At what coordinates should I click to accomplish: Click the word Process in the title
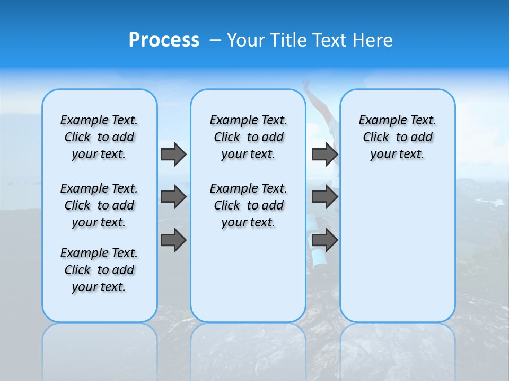(164, 40)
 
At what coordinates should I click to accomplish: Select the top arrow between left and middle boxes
(173, 155)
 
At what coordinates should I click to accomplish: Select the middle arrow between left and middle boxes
(173, 197)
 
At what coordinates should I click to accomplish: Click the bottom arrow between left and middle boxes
(173, 240)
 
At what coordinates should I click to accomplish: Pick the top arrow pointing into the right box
(324, 155)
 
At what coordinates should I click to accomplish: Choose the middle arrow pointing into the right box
(324, 197)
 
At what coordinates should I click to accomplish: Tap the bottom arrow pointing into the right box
(324, 240)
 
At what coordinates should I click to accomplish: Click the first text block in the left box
(99, 137)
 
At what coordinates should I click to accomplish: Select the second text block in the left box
(99, 205)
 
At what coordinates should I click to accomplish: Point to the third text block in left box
(99, 270)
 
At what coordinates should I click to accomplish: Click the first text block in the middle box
(248, 137)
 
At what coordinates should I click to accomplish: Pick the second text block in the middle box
(248, 205)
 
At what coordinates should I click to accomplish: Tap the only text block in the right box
(397, 137)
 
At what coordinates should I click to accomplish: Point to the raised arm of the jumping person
(313, 98)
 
